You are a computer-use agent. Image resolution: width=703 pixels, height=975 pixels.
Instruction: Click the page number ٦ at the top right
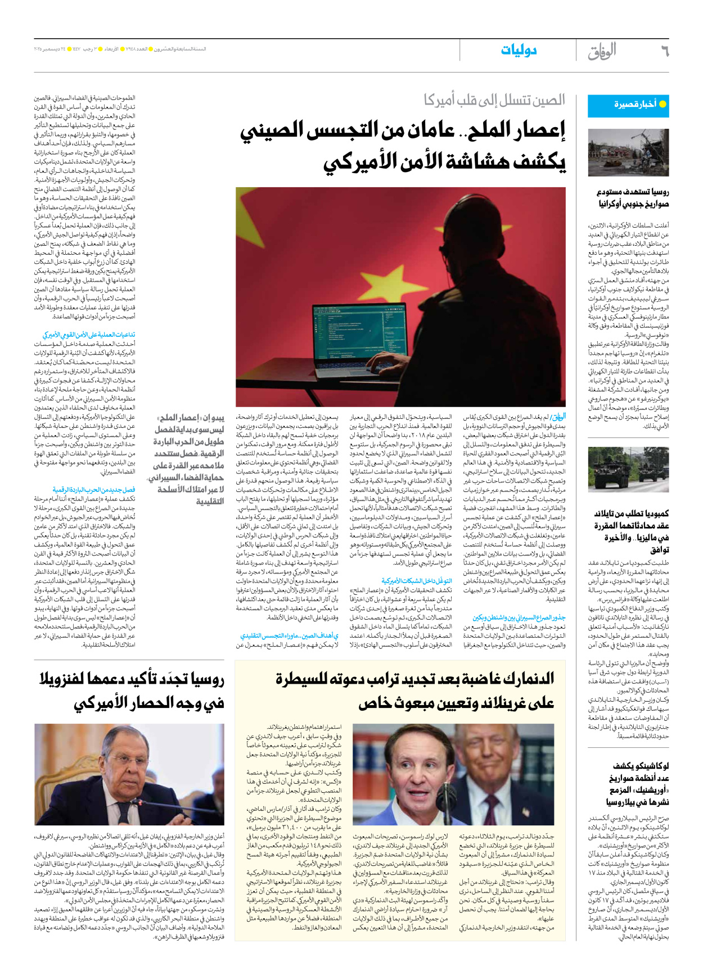pyautogui.click(x=664, y=51)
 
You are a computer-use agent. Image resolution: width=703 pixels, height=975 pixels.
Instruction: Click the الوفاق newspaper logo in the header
pyautogui.click(x=602, y=51)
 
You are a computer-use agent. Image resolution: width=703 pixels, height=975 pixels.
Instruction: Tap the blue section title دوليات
pyautogui.click(x=519, y=51)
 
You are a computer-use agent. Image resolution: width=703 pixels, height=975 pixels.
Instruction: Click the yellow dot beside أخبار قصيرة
pyautogui.click(x=663, y=105)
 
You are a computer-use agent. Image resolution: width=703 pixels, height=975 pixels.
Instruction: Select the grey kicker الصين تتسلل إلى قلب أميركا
pyautogui.click(x=494, y=101)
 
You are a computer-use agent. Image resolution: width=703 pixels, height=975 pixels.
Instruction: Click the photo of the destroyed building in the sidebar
pyautogui.click(x=628, y=152)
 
